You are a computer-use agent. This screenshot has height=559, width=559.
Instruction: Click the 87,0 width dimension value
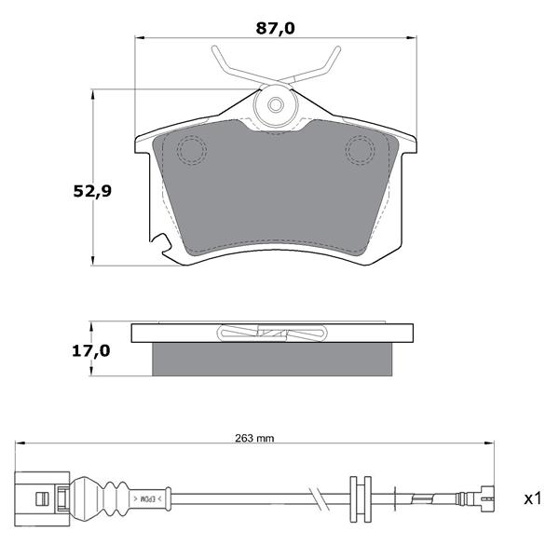[x=275, y=29]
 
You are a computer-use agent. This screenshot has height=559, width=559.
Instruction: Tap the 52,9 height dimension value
[x=92, y=191]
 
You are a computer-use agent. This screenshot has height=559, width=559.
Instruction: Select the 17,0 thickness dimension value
[x=91, y=351]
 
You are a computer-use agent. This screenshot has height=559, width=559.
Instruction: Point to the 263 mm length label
[x=254, y=438]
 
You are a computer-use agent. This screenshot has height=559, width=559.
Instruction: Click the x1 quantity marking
[x=533, y=498]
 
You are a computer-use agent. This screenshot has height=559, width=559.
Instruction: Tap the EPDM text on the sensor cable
[x=147, y=498]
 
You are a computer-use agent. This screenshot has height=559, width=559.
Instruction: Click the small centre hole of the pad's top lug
[x=276, y=104]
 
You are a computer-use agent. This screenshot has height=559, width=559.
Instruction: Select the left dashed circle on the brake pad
[x=192, y=150]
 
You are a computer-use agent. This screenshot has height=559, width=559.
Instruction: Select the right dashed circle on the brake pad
[x=360, y=150]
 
